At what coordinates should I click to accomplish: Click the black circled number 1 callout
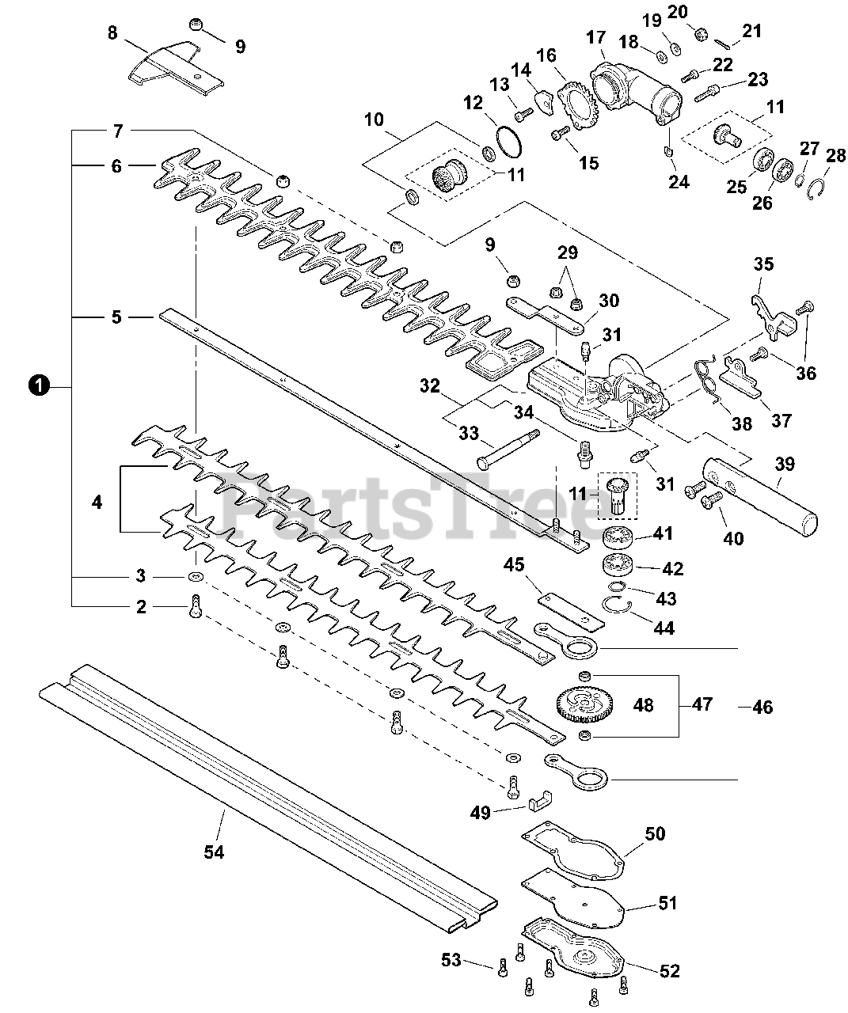coord(36,386)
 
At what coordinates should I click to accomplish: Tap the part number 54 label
coord(215,852)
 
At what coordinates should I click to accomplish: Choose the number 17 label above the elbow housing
coord(595,38)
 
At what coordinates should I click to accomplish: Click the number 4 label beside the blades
coord(97,502)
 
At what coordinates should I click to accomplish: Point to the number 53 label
coord(451,960)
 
